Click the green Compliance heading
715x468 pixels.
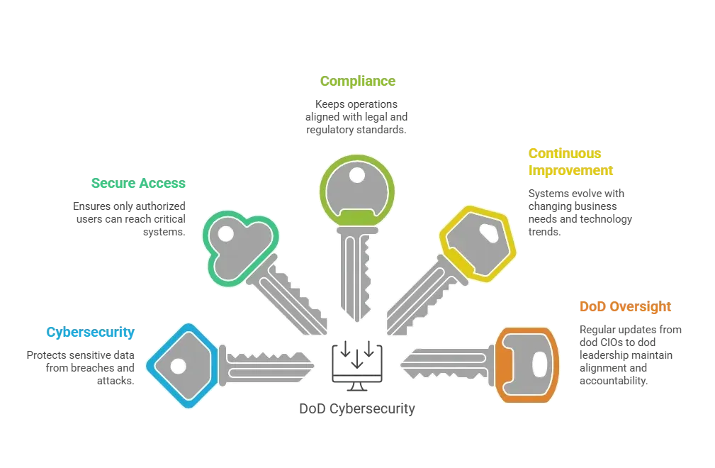(357, 82)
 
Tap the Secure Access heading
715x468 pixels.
(138, 183)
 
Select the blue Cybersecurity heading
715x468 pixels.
(90, 332)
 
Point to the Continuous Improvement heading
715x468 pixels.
(570, 162)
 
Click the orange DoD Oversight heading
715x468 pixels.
(625, 306)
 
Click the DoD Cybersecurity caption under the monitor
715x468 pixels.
(357, 408)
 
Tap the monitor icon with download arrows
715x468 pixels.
(357, 365)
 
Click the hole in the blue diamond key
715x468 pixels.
(178, 366)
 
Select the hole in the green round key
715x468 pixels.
(356, 174)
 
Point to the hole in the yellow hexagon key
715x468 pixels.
(489, 233)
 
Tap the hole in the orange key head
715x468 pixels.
(539, 364)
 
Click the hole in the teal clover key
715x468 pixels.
(226, 234)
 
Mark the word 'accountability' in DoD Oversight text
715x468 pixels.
(614, 381)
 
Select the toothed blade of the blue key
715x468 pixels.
(266, 365)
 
